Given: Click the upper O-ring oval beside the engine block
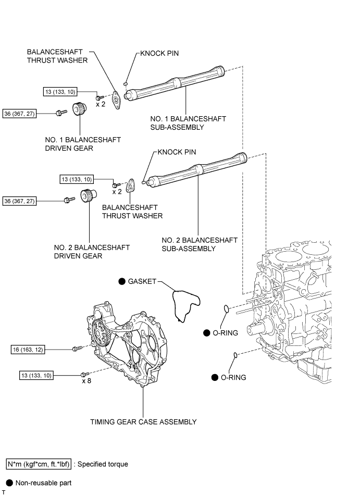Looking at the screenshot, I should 226,309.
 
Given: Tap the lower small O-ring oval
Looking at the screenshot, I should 235,355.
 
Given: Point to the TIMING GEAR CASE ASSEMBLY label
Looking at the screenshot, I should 143,422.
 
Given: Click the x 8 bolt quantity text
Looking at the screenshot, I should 86,381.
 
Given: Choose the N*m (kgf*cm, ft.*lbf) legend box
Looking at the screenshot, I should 38,464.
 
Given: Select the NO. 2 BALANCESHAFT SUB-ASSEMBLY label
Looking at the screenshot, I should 199,244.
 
